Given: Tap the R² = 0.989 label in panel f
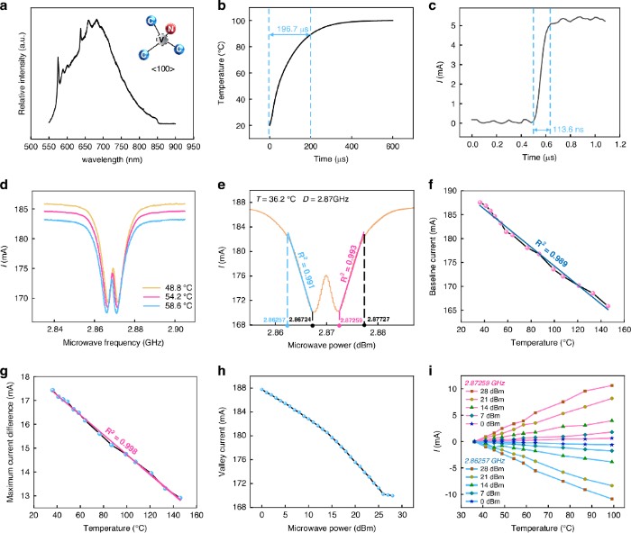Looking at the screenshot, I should point(548,242).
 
